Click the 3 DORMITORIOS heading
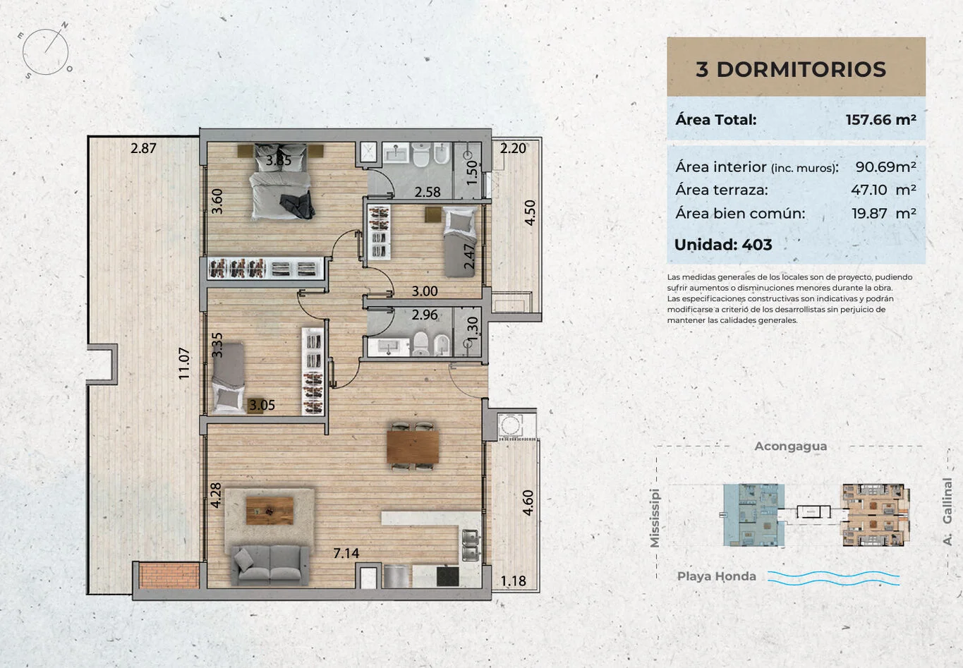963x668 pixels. click(791, 69)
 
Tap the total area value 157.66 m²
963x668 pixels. click(881, 119)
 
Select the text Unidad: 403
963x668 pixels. click(723, 245)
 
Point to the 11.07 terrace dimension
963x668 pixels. click(184, 363)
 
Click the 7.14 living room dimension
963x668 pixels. click(346, 553)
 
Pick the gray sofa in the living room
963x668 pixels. click(269, 565)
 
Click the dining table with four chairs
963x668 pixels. click(412, 447)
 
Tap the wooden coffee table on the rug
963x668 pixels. click(269, 511)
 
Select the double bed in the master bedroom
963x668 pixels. click(281, 181)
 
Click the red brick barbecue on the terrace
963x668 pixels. click(169, 575)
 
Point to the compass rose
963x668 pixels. click(46, 51)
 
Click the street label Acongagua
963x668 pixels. click(791, 447)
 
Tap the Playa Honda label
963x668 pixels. click(716, 576)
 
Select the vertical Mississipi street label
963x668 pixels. click(654, 518)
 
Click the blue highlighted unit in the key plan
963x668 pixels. click(753, 514)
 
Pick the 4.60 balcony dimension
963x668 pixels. click(528, 502)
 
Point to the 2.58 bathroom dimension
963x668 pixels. click(428, 192)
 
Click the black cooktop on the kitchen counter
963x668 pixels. click(447, 576)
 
